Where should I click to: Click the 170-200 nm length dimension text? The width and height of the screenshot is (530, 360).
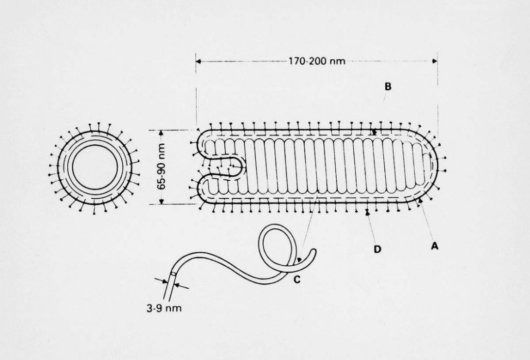click(317, 61)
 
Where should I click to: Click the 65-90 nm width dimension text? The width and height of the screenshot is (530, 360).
click(161, 167)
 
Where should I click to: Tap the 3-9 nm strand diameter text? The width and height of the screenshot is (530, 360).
click(164, 308)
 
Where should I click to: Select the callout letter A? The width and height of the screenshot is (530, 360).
click(435, 246)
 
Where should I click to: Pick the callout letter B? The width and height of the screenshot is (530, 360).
click(388, 86)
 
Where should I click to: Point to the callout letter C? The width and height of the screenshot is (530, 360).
click(297, 279)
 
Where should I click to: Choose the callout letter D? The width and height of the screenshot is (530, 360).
click(377, 249)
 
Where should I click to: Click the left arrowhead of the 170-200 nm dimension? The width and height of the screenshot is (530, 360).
click(198, 61)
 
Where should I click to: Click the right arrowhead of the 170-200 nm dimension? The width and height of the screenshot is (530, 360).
click(435, 61)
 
